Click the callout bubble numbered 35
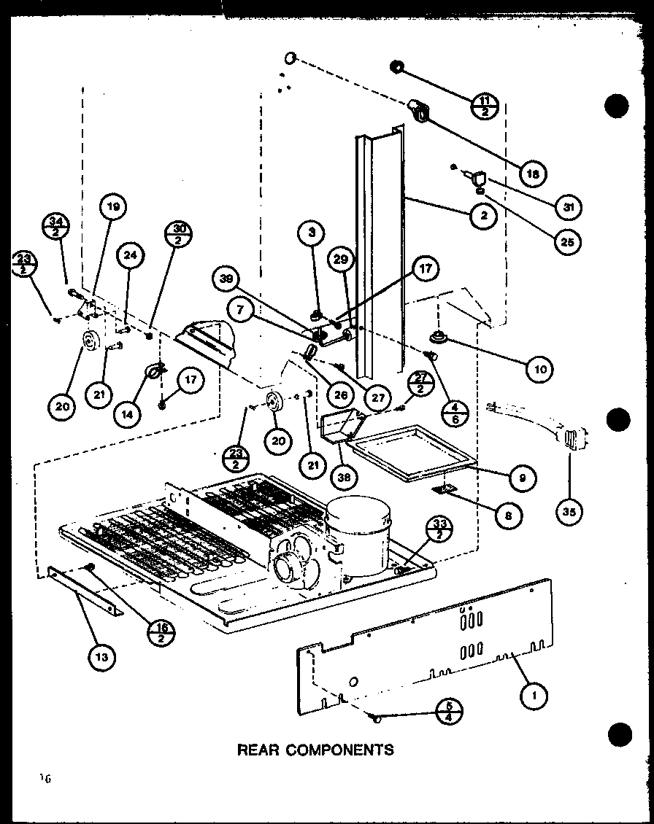570,512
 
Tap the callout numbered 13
101,657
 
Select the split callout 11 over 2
483,108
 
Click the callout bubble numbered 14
128,413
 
